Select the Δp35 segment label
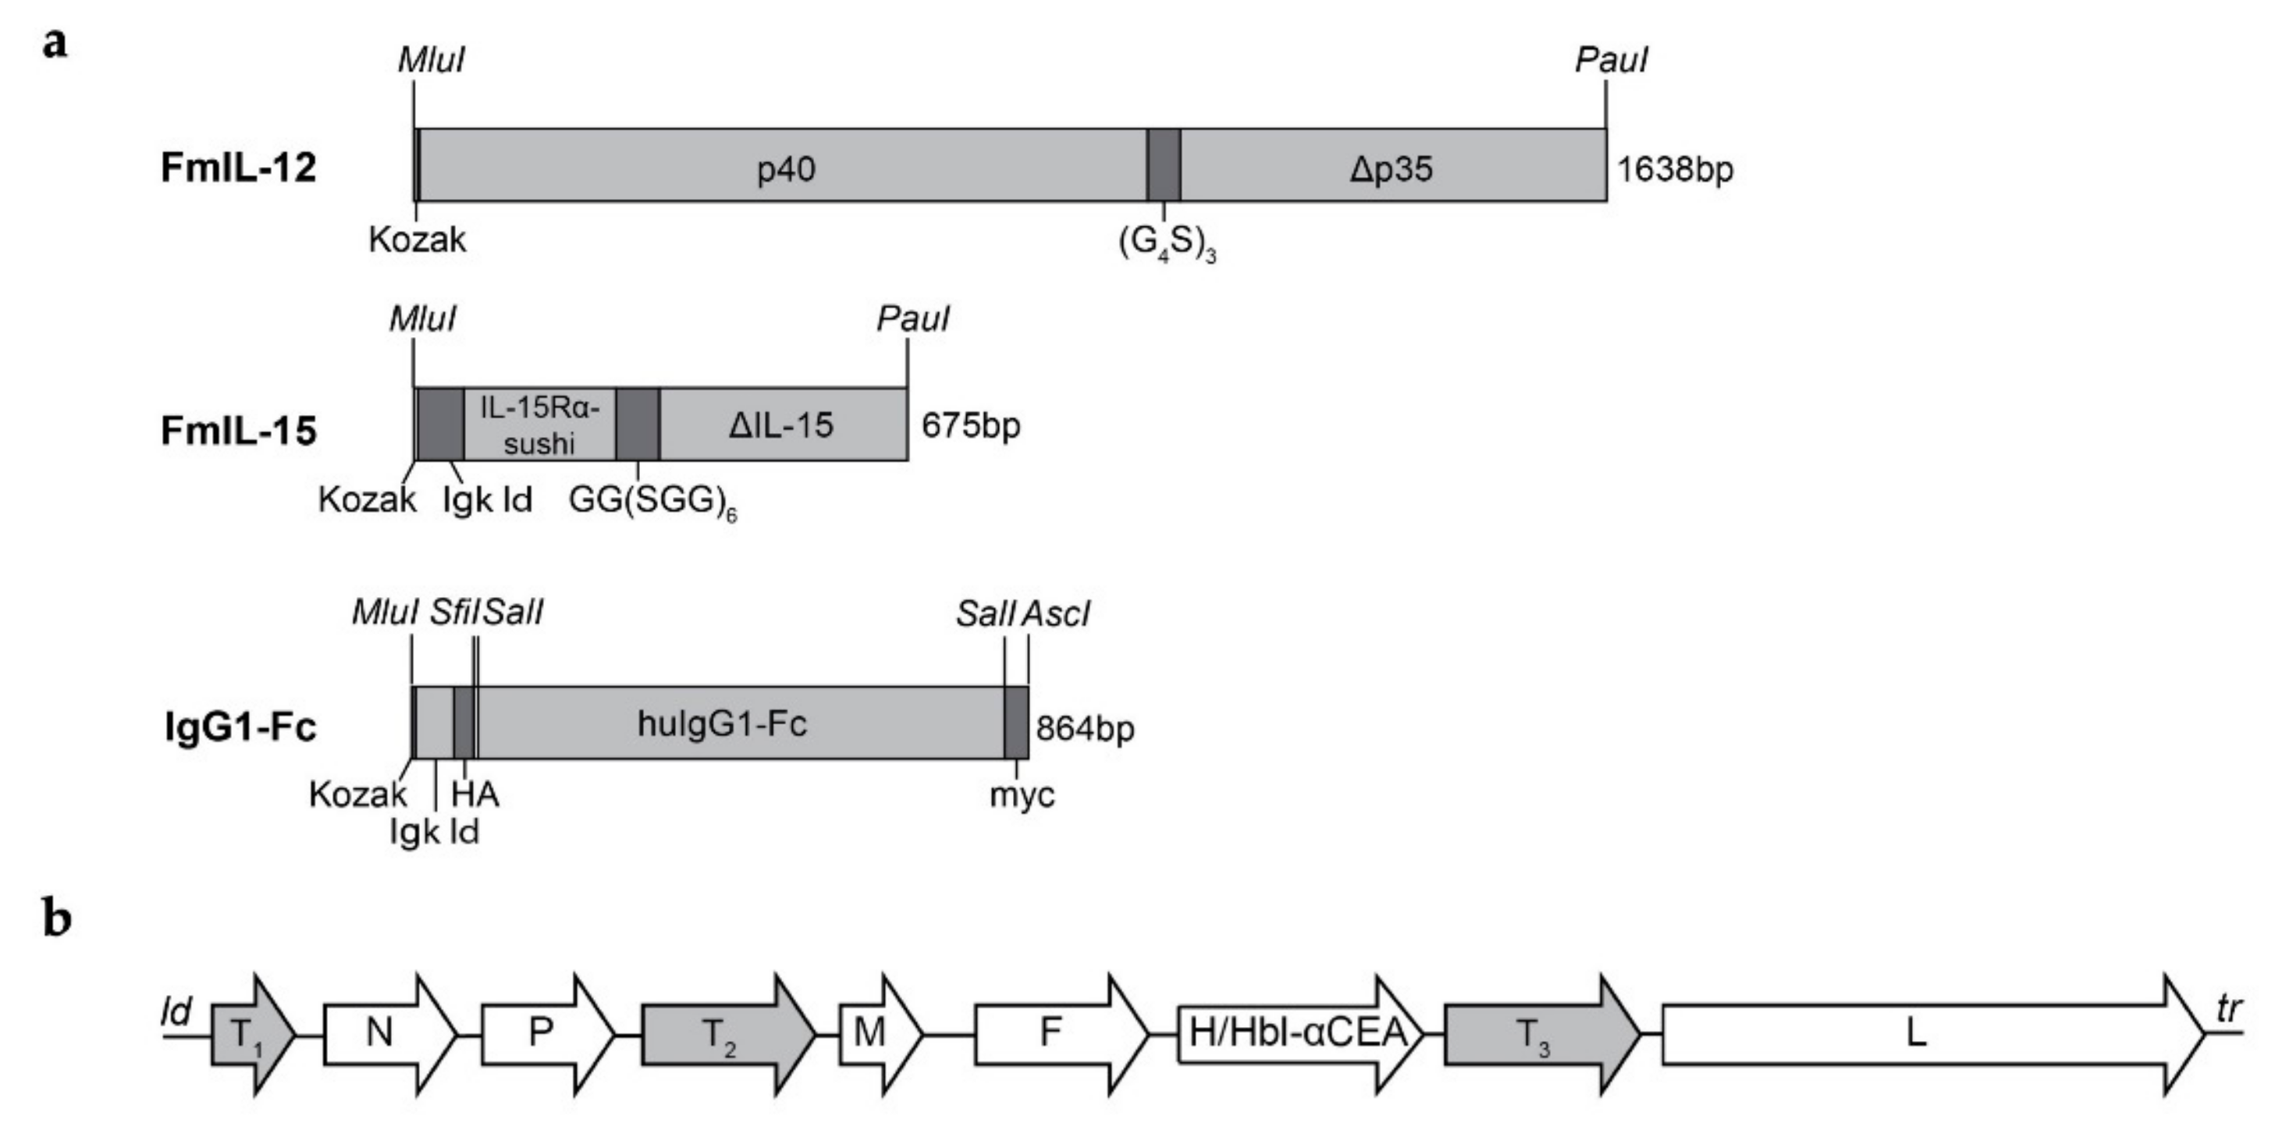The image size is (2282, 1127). click(x=1391, y=169)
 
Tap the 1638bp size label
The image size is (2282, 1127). click(x=1674, y=169)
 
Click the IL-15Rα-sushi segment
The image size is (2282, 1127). click(x=539, y=425)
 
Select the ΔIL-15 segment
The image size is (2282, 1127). click(x=781, y=425)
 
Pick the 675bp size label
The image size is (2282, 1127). click(x=971, y=425)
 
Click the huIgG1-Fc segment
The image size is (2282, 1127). click(x=722, y=723)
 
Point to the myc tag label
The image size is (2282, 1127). click(x=1022, y=795)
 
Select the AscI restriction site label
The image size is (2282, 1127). click(x=1055, y=613)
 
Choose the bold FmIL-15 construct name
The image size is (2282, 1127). click(x=238, y=432)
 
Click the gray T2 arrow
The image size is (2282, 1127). click(x=727, y=1034)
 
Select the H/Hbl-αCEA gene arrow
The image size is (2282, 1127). click(x=1298, y=1034)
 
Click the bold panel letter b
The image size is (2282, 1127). click(x=57, y=919)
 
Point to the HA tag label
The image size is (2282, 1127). click(x=475, y=794)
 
